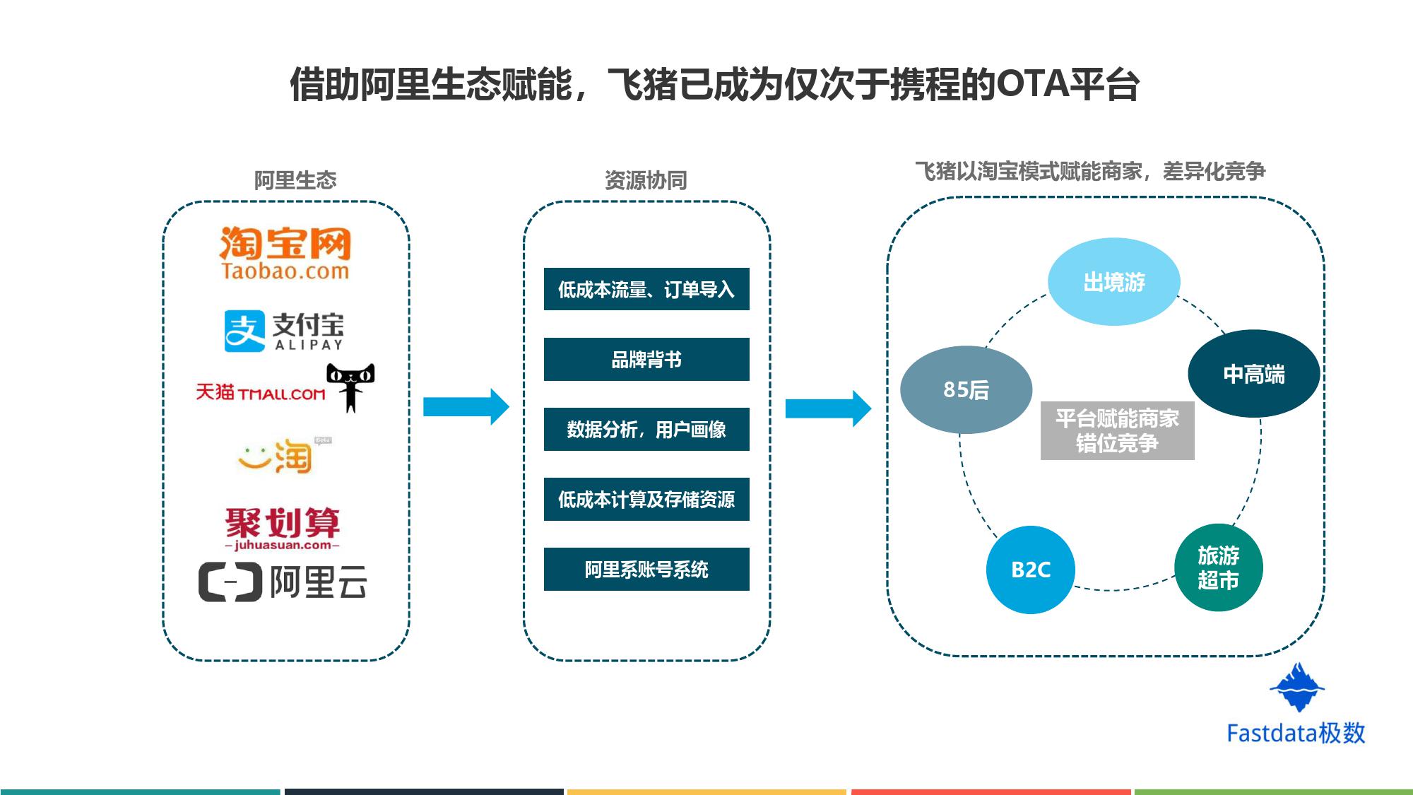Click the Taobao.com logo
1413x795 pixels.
[x=285, y=253]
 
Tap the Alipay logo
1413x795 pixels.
[x=284, y=331]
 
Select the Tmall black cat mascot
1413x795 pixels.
[x=350, y=386]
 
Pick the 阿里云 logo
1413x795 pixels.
[x=283, y=582]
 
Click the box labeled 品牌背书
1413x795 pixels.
[x=646, y=360]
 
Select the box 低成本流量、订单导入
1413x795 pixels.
[x=646, y=289]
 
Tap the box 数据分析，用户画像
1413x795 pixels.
[x=646, y=429]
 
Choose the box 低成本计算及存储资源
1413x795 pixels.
[x=646, y=499]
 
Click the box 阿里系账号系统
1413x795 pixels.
[x=646, y=569]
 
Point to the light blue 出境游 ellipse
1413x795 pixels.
[x=1113, y=282]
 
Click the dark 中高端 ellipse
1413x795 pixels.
[x=1253, y=374]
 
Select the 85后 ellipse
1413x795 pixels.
[x=966, y=389]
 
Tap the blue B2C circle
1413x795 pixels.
[x=1030, y=570]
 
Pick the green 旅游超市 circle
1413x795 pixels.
[x=1218, y=567]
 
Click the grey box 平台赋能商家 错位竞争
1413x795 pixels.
[x=1117, y=430]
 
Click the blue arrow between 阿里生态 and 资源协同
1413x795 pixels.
[x=466, y=406]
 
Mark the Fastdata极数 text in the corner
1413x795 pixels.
[x=1296, y=733]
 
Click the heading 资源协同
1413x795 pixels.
[x=646, y=180]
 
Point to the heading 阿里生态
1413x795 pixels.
[x=295, y=180]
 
